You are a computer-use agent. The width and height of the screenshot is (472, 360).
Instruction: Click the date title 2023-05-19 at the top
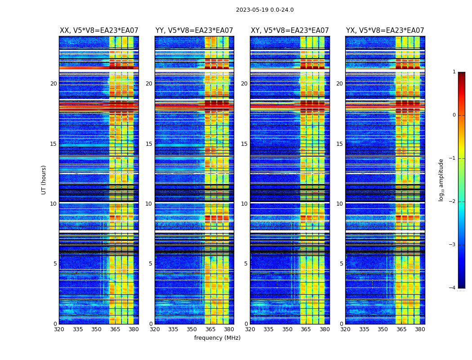(265, 10)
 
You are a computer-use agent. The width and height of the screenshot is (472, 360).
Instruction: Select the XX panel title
(99, 31)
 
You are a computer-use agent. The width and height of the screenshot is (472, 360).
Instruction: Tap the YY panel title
(194, 31)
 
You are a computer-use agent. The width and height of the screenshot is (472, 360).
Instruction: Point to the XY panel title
(289, 31)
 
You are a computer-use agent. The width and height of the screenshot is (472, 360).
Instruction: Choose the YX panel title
(385, 31)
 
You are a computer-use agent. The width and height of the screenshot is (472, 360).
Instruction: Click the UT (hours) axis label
(44, 180)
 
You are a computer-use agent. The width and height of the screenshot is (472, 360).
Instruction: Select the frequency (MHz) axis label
(217, 338)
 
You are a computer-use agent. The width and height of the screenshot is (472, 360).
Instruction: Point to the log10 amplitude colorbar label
(441, 180)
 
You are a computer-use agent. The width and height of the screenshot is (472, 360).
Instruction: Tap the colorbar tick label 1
(454, 72)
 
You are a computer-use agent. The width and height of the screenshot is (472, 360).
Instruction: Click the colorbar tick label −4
(453, 288)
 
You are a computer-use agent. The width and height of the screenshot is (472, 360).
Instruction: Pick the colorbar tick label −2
(453, 202)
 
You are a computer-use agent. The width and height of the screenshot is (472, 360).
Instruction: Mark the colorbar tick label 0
(454, 115)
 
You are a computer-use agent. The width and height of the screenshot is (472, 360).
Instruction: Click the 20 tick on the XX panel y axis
(53, 84)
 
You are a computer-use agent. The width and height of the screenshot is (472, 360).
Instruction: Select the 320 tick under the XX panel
(59, 329)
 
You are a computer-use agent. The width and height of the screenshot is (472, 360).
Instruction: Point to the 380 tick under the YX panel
(420, 329)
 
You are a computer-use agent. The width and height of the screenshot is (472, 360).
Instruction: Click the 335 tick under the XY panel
(269, 329)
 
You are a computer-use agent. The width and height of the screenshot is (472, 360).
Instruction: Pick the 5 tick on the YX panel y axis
(341, 264)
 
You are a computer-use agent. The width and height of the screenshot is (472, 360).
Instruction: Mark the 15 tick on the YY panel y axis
(149, 144)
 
